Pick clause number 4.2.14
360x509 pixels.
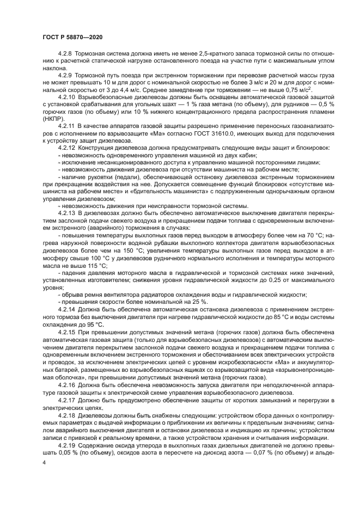pos(67,308)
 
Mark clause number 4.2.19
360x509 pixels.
pos(67,444)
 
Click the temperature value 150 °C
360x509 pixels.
pos(121,252)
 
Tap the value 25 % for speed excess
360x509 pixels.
pos(197,301)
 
